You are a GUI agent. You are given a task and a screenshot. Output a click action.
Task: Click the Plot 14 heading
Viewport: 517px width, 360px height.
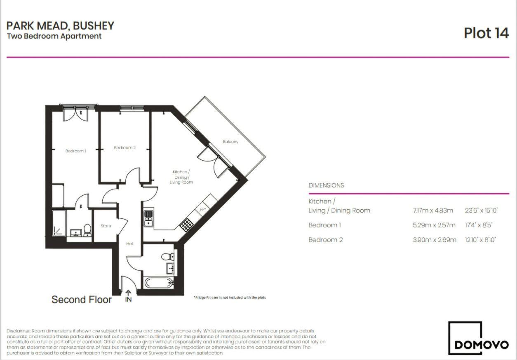pyautogui.click(x=486, y=33)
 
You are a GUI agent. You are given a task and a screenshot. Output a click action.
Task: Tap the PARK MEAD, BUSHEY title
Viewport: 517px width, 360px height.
pyautogui.click(x=60, y=26)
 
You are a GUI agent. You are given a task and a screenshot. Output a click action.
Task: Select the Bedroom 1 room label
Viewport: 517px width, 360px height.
pyautogui.click(x=76, y=151)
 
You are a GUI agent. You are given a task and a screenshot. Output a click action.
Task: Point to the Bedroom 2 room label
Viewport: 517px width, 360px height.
pyautogui.click(x=125, y=147)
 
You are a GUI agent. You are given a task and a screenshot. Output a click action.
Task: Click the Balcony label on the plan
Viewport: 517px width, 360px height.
pyautogui.click(x=230, y=142)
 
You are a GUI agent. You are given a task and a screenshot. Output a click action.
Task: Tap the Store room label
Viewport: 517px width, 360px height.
pyautogui.click(x=106, y=226)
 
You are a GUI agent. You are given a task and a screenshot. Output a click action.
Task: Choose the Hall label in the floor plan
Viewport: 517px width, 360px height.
pyautogui.click(x=130, y=243)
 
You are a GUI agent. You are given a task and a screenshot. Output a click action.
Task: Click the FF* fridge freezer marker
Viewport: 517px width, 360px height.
pyautogui.click(x=203, y=209)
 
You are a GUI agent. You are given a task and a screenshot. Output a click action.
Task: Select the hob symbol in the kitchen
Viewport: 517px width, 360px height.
pyautogui.click(x=186, y=224)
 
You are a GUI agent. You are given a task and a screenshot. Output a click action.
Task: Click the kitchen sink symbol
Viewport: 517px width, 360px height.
pyautogui.click(x=148, y=218)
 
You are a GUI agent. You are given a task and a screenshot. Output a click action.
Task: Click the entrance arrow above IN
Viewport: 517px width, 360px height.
pyautogui.click(x=128, y=293)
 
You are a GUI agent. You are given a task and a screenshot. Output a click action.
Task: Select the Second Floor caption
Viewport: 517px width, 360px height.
pyautogui.click(x=81, y=299)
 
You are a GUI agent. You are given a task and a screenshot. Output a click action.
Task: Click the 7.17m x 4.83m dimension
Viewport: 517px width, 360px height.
pyautogui.click(x=433, y=210)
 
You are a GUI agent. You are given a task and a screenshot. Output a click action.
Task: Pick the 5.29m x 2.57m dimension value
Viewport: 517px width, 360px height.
pyautogui.click(x=434, y=225)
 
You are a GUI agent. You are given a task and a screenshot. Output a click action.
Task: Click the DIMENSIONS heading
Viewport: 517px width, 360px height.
pyautogui.click(x=326, y=185)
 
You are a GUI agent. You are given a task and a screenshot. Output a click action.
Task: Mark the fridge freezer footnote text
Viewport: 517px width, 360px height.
pyautogui.click(x=230, y=297)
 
